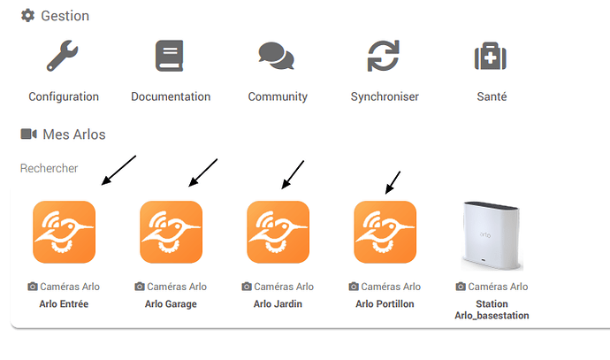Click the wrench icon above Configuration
[63, 57]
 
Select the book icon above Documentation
[170, 57]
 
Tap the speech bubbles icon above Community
[277, 57]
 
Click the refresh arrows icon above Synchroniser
[384, 57]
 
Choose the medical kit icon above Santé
[491, 57]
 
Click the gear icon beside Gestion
[27, 16]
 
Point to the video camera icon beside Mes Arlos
[28, 134]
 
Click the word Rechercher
[50, 168]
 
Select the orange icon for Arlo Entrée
[64, 232]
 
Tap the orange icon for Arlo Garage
[171, 232]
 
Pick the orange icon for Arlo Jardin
[278, 232]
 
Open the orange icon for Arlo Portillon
[385, 232]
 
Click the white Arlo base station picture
[492, 234]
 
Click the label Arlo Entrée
[64, 303]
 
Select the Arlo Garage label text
[171, 303]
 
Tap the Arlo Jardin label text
[278, 303]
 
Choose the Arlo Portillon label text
[385, 303]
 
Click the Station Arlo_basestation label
[492, 310]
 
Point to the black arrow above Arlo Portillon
[393, 182]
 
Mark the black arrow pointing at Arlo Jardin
[293, 174]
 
